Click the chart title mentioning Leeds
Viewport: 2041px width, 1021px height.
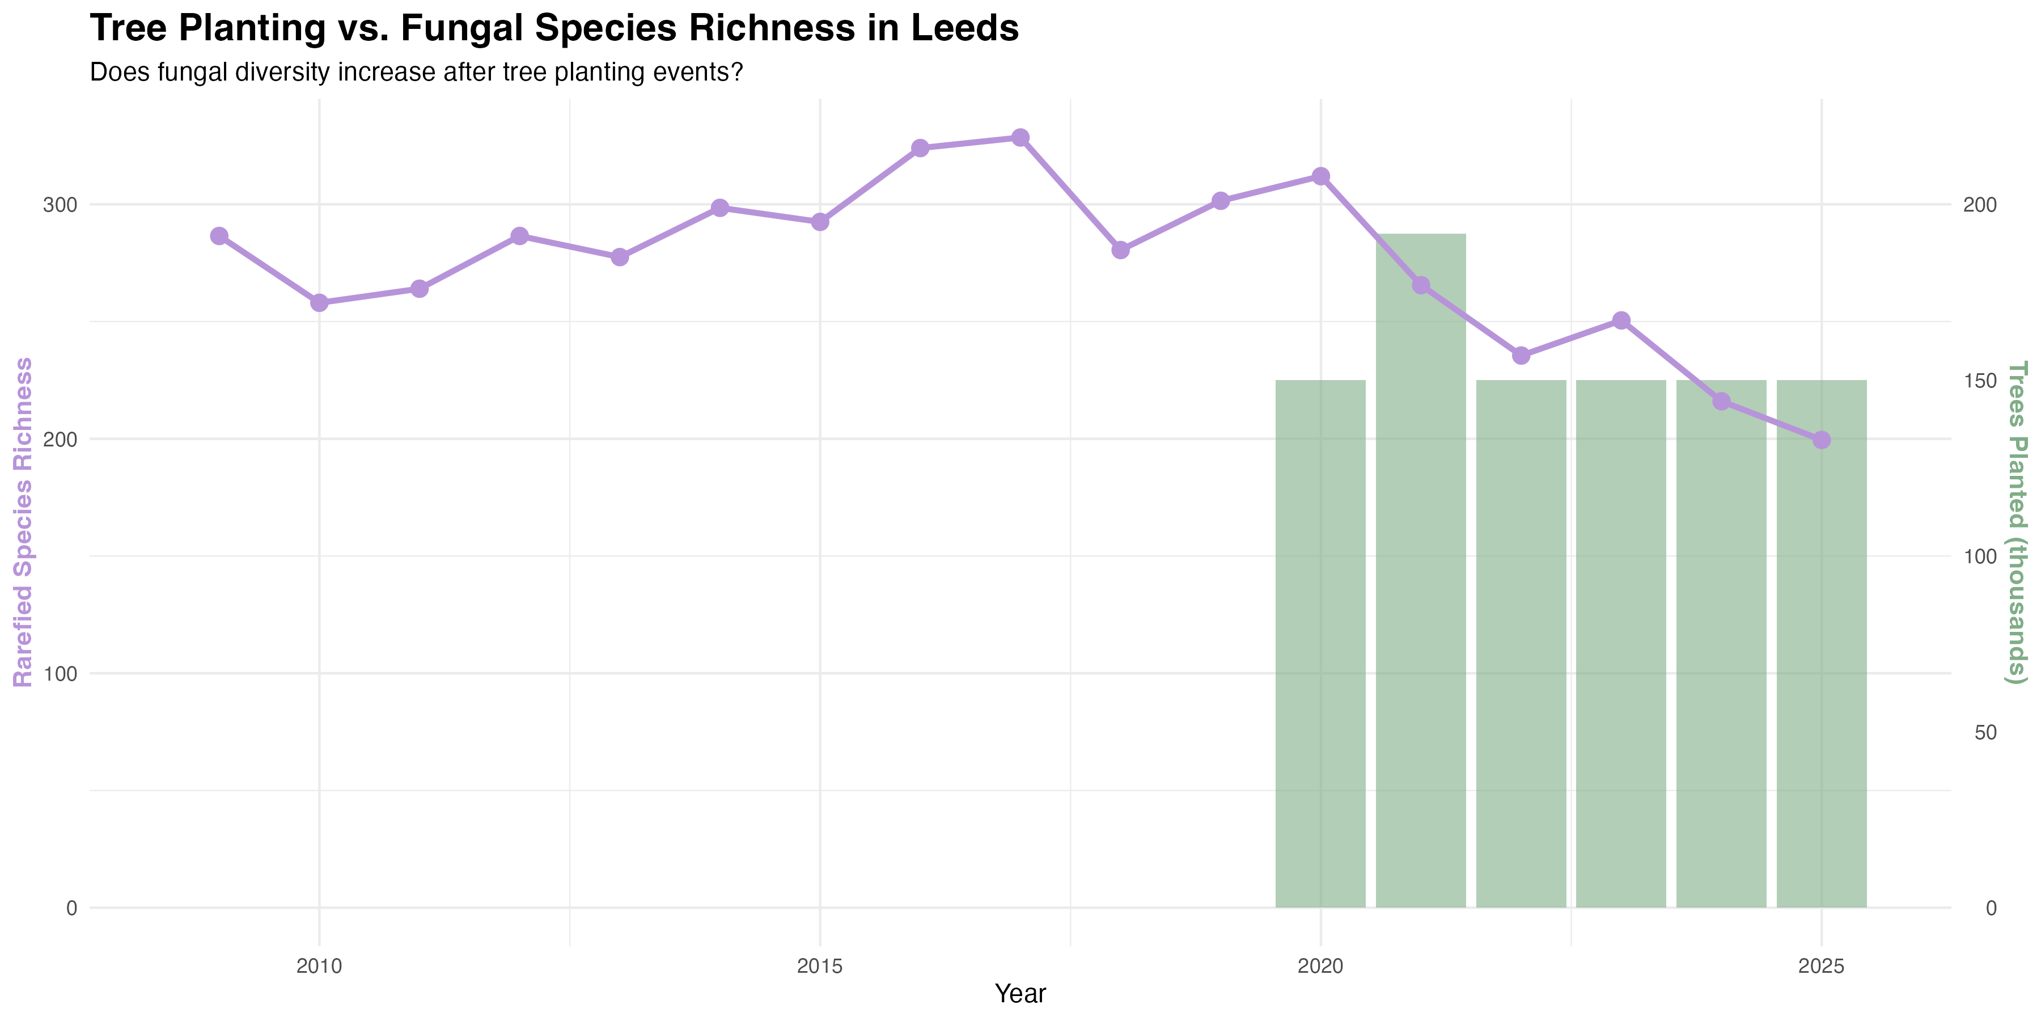[554, 28]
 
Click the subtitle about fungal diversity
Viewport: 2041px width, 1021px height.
[416, 72]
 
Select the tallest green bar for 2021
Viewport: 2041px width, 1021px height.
[1421, 571]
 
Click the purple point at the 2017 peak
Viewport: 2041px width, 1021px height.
[1020, 138]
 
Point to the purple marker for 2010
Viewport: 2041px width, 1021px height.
[319, 303]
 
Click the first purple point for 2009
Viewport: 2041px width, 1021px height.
[219, 236]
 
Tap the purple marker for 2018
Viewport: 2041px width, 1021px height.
[1120, 250]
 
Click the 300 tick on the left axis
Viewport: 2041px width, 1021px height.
[60, 205]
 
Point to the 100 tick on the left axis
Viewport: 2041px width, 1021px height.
[60, 674]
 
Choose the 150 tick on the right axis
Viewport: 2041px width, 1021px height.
[1979, 381]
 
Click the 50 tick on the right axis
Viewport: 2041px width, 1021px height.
[1985, 732]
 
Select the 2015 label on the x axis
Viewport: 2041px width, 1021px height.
[820, 967]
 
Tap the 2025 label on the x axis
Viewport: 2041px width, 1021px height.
[1822, 967]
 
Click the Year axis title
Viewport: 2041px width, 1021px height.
[1020, 994]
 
